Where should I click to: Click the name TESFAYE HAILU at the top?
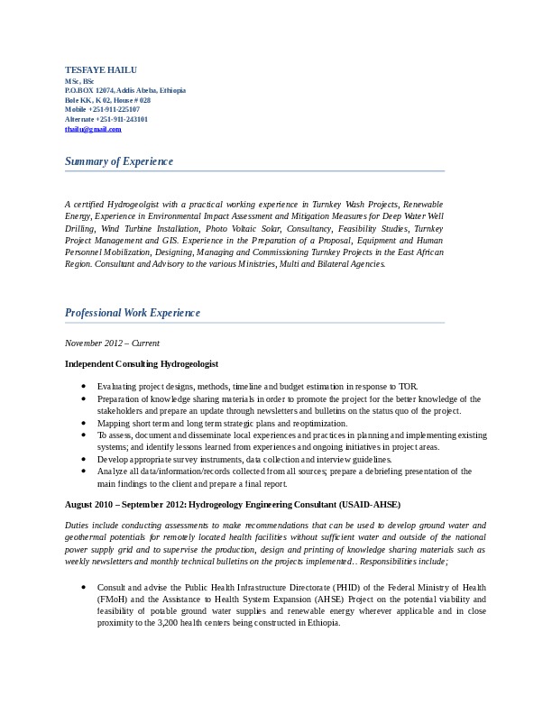coord(99,70)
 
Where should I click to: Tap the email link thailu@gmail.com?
coord(93,129)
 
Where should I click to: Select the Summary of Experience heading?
coord(119,161)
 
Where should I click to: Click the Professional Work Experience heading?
coord(133,313)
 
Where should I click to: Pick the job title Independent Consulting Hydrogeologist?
coord(142,363)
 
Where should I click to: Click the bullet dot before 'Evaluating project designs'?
coord(83,386)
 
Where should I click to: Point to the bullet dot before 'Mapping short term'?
coord(83,423)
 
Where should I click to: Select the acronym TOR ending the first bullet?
coord(408,386)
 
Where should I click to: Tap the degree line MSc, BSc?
coord(79,81)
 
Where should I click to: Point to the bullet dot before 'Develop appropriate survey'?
coord(83,459)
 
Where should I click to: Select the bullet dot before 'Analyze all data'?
coord(83,471)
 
